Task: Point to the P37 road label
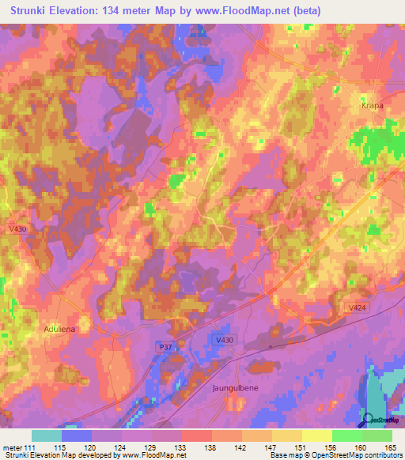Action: [164, 346]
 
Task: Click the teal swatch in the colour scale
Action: [47, 435]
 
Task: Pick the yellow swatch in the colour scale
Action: [316, 435]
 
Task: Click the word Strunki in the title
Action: [32, 10]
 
